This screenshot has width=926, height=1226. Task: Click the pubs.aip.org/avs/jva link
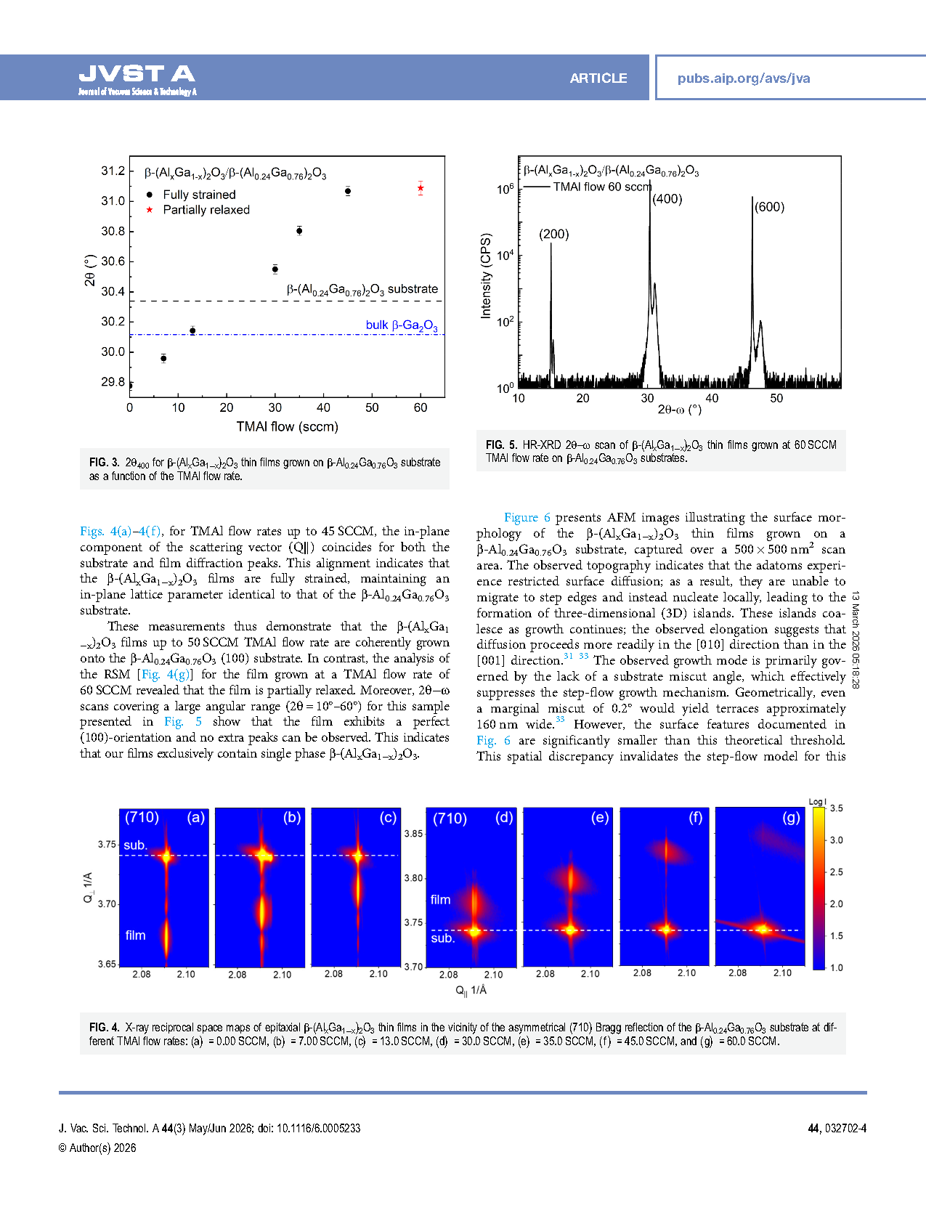tap(743, 78)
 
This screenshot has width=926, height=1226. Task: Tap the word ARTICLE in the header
tap(598, 78)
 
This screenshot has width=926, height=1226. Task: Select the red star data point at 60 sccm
tap(421, 189)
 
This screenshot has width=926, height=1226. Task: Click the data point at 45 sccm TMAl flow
tap(348, 191)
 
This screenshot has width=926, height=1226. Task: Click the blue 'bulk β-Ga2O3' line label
tap(402, 325)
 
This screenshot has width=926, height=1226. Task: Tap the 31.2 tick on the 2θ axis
tap(113, 171)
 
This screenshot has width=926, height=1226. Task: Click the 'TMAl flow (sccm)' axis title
tap(287, 426)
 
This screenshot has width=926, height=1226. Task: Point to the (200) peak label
tap(553, 234)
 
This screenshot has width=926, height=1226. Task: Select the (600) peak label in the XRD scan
tap(769, 207)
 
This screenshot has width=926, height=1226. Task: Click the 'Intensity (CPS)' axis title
tap(486, 276)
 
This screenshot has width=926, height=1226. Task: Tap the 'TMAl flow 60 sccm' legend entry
tap(601, 187)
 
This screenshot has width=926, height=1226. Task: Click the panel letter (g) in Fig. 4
tap(791, 818)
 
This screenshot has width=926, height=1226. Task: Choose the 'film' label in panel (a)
tap(135, 935)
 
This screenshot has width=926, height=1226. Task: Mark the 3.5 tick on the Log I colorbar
tap(836, 808)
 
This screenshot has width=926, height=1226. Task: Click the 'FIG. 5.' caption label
tap(501, 444)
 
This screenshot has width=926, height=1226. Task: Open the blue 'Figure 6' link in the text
tap(527, 517)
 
